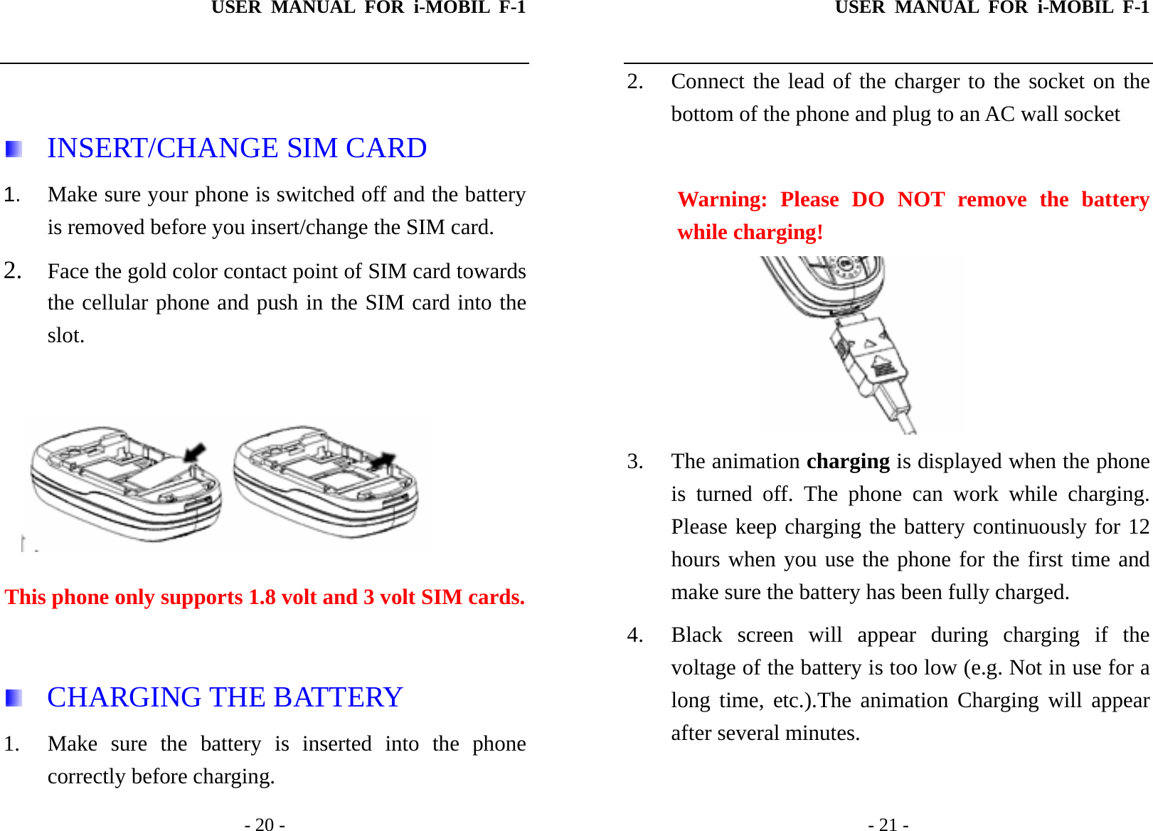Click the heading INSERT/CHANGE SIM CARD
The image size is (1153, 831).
(237, 148)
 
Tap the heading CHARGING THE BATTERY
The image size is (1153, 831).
(225, 697)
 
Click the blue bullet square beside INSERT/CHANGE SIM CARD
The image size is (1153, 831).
(14, 149)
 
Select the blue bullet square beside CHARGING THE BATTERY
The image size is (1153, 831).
(14, 698)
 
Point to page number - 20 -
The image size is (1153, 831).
(265, 824)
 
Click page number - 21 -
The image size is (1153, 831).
(888, 824)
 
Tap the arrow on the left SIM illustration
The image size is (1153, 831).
(194, 452)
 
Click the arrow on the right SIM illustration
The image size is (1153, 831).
(383, 460)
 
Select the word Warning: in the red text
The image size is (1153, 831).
(722, 199)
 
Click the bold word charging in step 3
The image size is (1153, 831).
(847, 461)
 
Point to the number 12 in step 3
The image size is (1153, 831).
(1138, 526)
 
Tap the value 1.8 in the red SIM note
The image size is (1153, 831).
(262, 597)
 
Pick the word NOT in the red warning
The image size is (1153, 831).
(920, 199)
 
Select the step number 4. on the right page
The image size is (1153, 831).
(635, 635)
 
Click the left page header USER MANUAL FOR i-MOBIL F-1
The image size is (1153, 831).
(368, 8)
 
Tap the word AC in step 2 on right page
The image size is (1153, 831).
(999, 114)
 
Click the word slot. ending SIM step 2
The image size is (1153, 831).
(66, 335)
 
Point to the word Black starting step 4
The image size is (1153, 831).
(696, 635)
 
